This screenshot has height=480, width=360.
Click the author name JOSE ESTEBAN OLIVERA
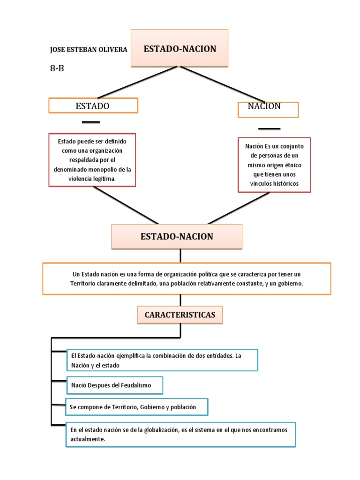88,49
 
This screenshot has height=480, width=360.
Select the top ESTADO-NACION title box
180,48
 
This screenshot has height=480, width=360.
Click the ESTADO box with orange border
93,106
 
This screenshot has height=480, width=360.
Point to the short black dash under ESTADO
90,122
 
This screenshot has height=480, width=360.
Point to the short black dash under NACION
269,128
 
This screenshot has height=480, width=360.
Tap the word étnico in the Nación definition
292,165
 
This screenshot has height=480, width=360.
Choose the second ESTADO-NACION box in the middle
177,237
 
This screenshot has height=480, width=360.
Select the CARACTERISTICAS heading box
180,315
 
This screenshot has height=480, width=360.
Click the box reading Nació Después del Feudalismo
114,385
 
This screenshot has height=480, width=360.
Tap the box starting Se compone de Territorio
136,407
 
